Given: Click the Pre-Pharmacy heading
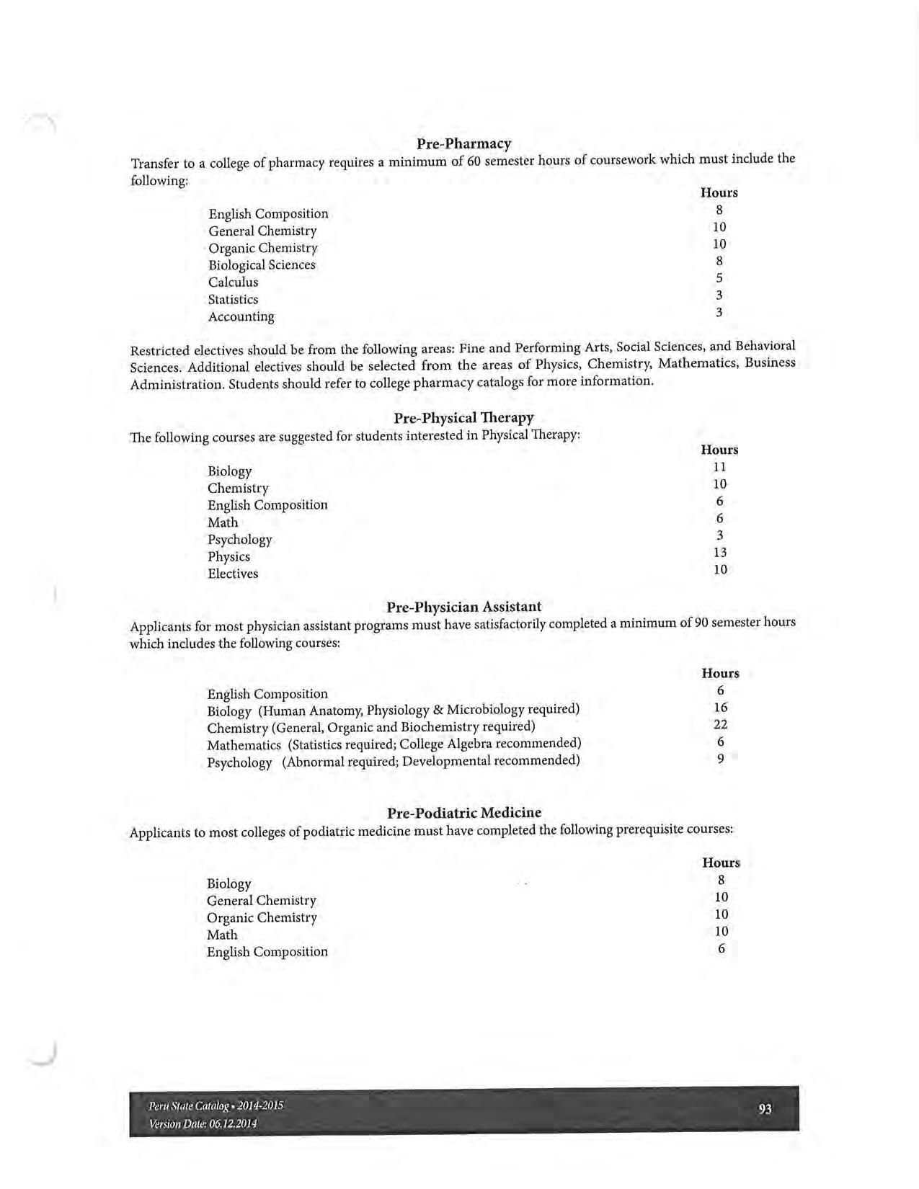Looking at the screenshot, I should point(463,143).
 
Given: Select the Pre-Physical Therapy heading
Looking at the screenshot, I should point(463,418).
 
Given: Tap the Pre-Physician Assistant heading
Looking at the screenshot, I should point(463,607).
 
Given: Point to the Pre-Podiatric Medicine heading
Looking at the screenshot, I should point(463,813).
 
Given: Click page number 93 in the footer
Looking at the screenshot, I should point(765,1109).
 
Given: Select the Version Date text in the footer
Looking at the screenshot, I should point(203,1123).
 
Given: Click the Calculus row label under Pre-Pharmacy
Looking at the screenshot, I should point(233,282).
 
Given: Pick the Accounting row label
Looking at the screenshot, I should point(241,316).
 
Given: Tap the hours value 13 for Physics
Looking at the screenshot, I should point(719,553).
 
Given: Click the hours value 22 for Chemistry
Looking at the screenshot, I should point(720,725).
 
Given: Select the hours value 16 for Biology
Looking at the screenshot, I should point(720,708).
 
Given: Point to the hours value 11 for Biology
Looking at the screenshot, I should point(719,467).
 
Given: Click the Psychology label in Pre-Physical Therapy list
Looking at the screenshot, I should point(239,540).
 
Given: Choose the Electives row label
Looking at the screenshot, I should point(232,574).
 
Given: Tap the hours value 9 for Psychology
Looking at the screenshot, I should point(720,759).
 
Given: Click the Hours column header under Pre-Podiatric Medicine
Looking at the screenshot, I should point(721,863).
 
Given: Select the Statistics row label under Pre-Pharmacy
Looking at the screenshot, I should point(233,299).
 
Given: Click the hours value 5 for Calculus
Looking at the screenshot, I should point(719,278).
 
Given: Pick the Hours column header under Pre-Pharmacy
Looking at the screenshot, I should point(719,192).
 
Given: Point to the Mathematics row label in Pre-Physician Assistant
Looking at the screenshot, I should point(244,745).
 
